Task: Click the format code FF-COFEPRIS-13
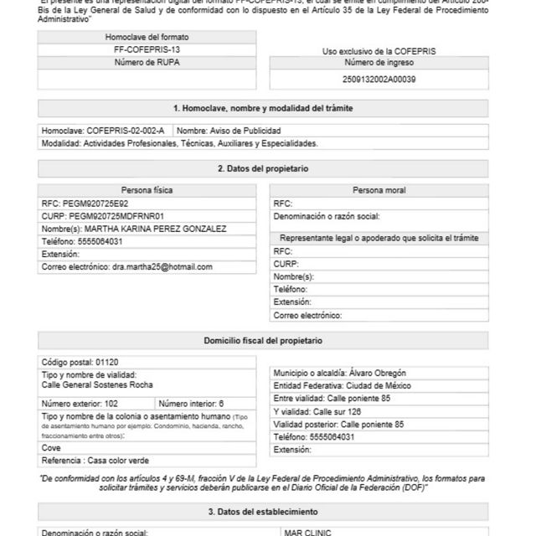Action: click(x=147, y=50)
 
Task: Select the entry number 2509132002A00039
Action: click(x=379, y=80)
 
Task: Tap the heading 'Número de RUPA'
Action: click(x=147, y=63)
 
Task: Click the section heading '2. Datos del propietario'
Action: click(x=263, y=168)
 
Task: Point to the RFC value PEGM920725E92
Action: click(x=95, y=204)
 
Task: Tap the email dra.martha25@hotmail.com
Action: click(x=162, y=266)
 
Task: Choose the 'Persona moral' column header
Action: click(x=379, y=190)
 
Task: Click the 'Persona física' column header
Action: click(x=147, y=190)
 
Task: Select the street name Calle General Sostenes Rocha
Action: click(x=97, y=384)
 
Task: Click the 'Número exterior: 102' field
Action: click(x=80, y=403)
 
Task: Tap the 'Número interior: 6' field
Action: click(x=191, y=403)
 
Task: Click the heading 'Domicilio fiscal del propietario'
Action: click(x=263, y=341)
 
